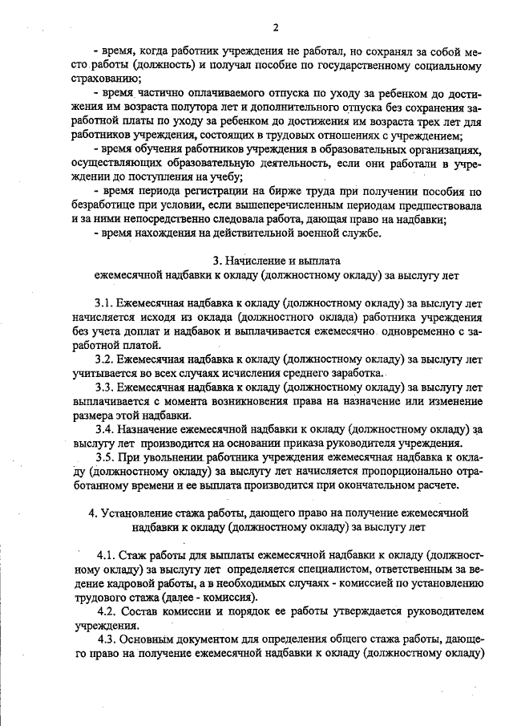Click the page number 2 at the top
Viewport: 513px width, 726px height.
pyautogui.click(x=275, y=27)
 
